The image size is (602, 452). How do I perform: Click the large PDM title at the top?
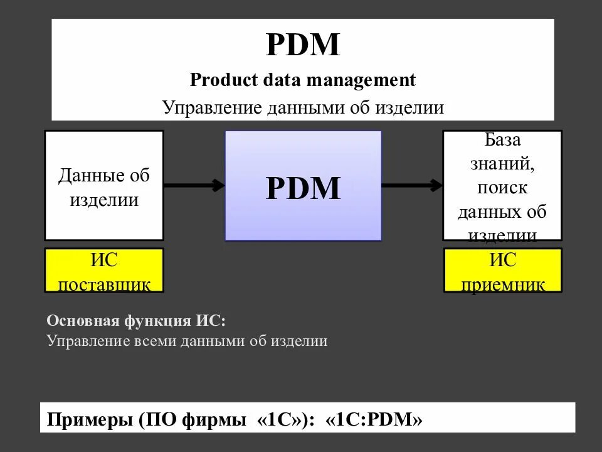click(x=303, y=45)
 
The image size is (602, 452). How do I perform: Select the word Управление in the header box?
click(x=211, y=108)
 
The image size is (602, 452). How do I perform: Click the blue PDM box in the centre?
click(x=303, y=186)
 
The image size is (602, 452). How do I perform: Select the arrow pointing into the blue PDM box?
click(x=194, y=185)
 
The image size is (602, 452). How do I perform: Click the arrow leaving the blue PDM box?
click(x=412, y=185)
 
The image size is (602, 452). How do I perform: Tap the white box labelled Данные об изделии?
click(x=104, y=185)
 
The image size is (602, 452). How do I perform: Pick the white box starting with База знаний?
click(x=502, y=185)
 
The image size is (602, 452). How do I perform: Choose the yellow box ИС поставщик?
click(x=104, y=271)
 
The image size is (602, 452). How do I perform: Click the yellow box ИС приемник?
click(x=503, y=271)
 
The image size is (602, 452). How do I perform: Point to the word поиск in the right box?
click(x=502, y=187)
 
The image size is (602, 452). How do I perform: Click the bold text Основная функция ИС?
click(x=136, y=321)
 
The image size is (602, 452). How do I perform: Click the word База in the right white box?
click(x=502, y=139)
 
